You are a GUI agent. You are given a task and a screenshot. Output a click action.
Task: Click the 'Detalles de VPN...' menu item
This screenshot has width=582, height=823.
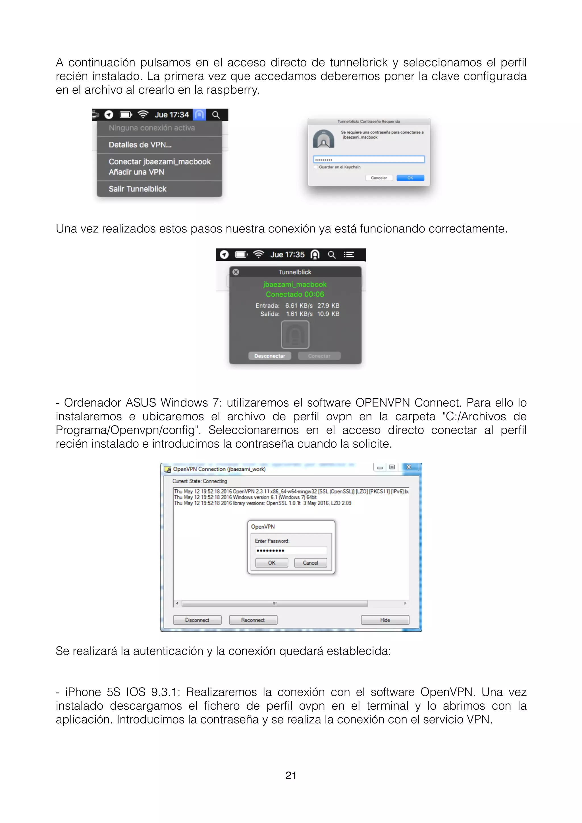140,145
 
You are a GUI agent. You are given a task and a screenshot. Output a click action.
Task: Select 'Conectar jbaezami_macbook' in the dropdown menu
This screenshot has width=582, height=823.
159,162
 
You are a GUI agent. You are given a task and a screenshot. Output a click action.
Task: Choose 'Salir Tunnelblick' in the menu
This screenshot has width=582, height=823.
138,189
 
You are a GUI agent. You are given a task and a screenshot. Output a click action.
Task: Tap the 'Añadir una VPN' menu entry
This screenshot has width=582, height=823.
136,172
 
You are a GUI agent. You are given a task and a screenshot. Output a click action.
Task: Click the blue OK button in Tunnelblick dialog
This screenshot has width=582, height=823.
410,178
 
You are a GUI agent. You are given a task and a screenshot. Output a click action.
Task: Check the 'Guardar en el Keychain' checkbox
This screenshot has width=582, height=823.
316,167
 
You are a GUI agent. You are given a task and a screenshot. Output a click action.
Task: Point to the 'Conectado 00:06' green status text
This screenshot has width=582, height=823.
295,294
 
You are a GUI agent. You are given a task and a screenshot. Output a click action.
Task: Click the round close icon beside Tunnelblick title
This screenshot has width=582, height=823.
236,272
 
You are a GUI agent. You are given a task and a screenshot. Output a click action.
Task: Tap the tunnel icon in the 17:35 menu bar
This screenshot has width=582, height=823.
315,255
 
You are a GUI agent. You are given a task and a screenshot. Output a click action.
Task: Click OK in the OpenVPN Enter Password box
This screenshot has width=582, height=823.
272,563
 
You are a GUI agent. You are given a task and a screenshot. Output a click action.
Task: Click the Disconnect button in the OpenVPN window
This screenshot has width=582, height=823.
197,620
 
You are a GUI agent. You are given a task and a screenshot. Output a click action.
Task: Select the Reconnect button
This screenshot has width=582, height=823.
253,620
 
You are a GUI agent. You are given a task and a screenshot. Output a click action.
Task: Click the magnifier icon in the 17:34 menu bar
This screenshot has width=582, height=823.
216,115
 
